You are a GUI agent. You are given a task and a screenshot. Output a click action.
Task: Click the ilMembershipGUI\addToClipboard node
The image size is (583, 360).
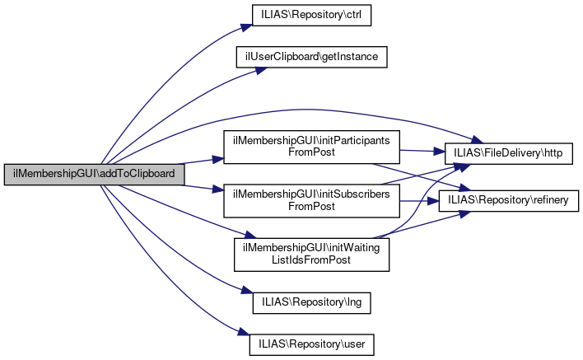click(93, 175)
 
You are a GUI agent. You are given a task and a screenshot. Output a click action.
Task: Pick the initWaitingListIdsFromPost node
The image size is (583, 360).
click(311, 254)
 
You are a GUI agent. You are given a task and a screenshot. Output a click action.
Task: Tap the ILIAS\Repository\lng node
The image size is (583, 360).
click(311, 302)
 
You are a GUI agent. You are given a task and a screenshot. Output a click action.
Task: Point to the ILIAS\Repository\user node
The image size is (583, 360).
click(311, 342)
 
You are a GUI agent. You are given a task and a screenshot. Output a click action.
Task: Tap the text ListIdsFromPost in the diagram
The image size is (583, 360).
click(311, 260)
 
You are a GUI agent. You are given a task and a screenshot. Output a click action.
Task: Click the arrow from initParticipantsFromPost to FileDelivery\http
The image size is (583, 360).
click(420, 152)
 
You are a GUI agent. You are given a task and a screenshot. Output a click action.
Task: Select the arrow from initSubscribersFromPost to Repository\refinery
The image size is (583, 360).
click(420, 199)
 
